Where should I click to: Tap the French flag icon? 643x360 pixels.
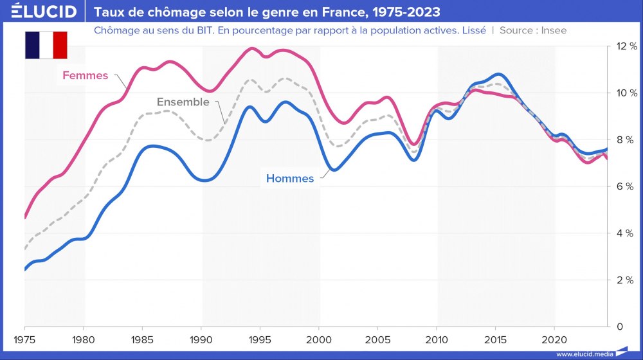(x=46, y=45)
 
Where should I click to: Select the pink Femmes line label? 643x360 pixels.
(x=85, y=75)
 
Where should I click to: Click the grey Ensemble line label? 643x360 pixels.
(x=183, y=102)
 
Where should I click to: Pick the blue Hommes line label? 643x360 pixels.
(x=290, y=179)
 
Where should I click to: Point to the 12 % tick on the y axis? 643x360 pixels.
(x=626, y=46)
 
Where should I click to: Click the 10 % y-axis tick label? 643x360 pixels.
(x=626, y=93)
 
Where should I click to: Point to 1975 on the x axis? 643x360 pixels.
(x=24, y=339)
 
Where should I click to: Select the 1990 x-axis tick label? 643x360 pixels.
(x=201, y=339)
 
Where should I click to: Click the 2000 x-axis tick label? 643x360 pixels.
(x=319, y=339)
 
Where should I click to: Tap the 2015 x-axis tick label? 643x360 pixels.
(x=496, y=339)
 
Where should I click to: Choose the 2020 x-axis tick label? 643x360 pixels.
(x=554, y=339)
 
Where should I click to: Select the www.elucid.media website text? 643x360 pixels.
(x=584, y=354)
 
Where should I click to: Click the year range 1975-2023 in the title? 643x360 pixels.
(x=404, y=12)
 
